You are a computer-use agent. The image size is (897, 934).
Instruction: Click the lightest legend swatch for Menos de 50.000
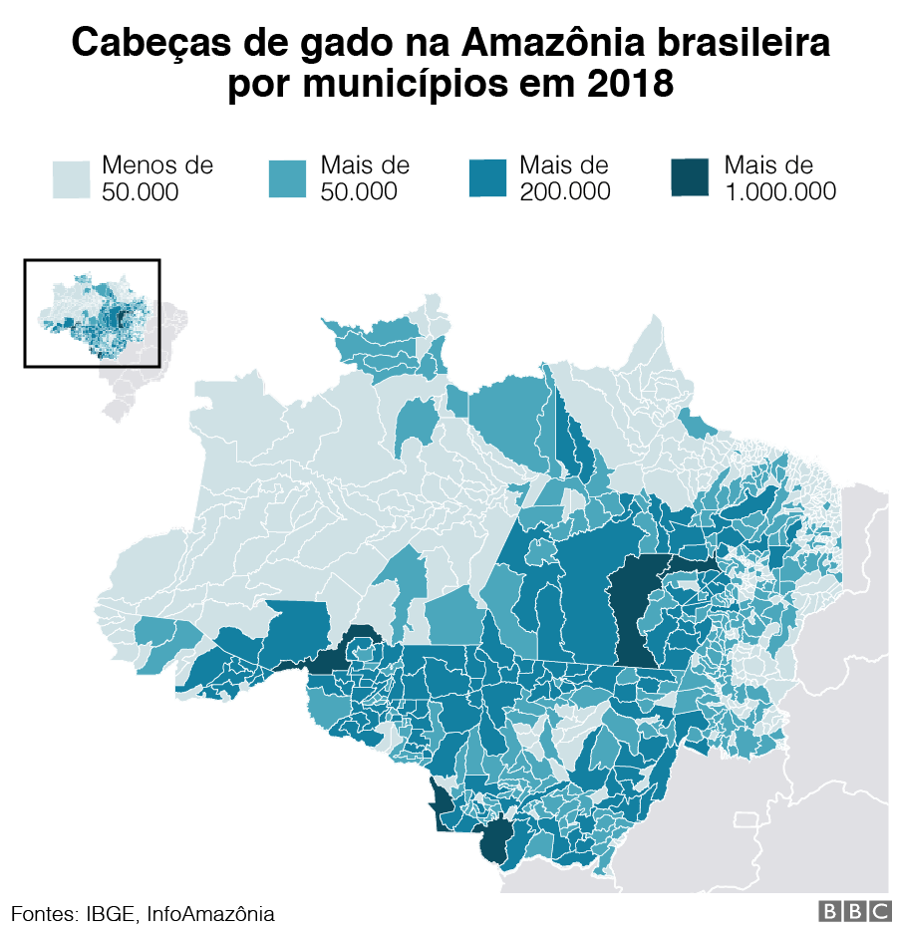coord(72,179)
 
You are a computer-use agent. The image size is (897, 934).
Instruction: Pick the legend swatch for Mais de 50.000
coord(289,179)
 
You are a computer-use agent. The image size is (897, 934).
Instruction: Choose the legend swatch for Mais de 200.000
coord(488,179)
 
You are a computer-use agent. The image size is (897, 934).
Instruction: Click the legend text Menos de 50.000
coord(156,178)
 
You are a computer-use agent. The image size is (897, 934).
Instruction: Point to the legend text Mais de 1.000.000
coord(779,178)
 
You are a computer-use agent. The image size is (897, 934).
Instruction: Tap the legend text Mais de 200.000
coord(564,178)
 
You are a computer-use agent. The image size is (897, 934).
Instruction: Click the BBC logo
coord(854,911)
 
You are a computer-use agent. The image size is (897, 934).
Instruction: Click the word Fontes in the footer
coord(42,913)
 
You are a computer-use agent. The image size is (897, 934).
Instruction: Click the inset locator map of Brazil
coord(92,313)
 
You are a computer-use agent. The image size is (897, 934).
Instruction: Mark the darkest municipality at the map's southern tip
coord(493,842)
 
